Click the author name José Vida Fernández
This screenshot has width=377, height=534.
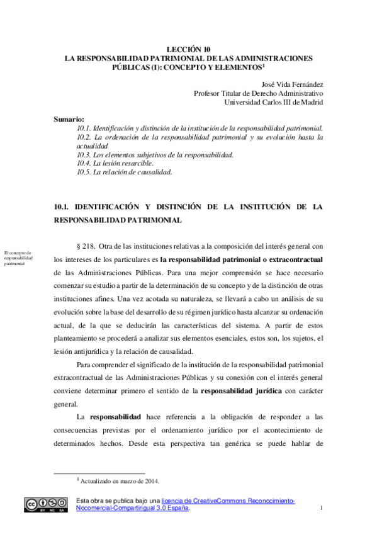pyautogui.click(x=291, y=84)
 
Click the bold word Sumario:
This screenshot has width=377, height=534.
pyautogui.click(x=70, y=119)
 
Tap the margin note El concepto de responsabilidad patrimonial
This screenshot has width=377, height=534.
pyautogui.click(x=18, y=258)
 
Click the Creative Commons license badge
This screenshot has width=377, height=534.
pyautogui.click(x=46, y=504)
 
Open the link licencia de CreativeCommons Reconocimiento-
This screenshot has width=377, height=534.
pyautogui.click(x=228, y=500)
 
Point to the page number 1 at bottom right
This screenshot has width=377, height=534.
pyautogui.click(x=321, y=508)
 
